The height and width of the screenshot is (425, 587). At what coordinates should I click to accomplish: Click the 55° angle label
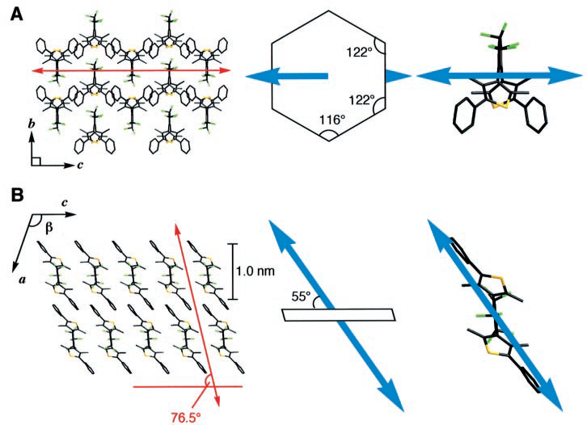[299, 297]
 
